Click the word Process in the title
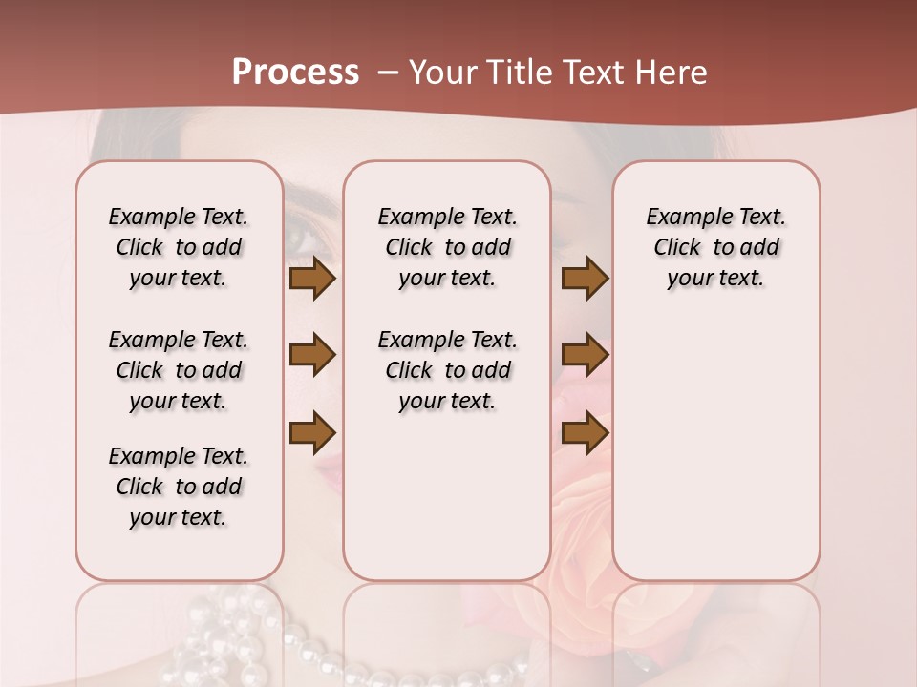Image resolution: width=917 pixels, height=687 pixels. point(295,73)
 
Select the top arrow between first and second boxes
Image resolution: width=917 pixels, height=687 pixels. point(311,278)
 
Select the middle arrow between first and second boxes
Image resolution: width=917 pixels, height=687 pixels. point(311,355)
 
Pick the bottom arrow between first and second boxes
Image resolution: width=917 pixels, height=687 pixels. point(311,431)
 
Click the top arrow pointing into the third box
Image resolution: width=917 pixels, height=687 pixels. point(585,278)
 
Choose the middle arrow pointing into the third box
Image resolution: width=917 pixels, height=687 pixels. point(585,355)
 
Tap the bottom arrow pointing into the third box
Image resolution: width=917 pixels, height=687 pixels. point(585,431)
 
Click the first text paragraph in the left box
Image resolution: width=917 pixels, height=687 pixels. point(179,247)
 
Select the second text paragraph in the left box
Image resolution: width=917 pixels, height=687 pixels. point(179,370)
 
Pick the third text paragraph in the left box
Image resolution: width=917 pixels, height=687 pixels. point(179,487)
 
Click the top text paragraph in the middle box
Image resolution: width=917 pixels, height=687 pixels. point(447,247)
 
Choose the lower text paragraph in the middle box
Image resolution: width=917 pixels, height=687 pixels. point(447,370)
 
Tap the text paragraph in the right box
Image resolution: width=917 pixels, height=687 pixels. point(715,247)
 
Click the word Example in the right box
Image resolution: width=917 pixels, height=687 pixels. point(683,217)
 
